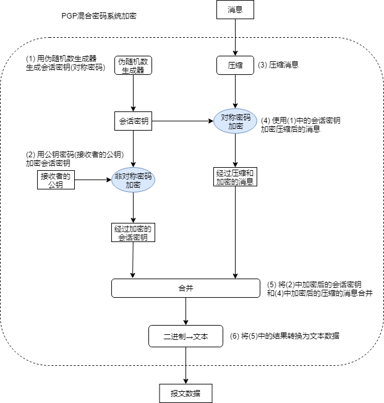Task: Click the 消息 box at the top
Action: point(235,9)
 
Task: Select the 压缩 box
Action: point(235,64)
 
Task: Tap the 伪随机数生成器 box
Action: point(134,65)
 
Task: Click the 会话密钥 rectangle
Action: point(134,120)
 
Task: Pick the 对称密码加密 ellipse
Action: point(236,121)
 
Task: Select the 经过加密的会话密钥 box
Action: point(134,232)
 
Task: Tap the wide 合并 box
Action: point(186,288)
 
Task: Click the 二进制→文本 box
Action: point(186,337)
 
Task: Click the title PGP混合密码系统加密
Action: point(94,15)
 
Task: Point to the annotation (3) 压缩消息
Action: point(279,64)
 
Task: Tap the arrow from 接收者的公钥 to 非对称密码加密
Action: point(93,180)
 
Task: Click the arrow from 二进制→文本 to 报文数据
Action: point(186,365)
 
